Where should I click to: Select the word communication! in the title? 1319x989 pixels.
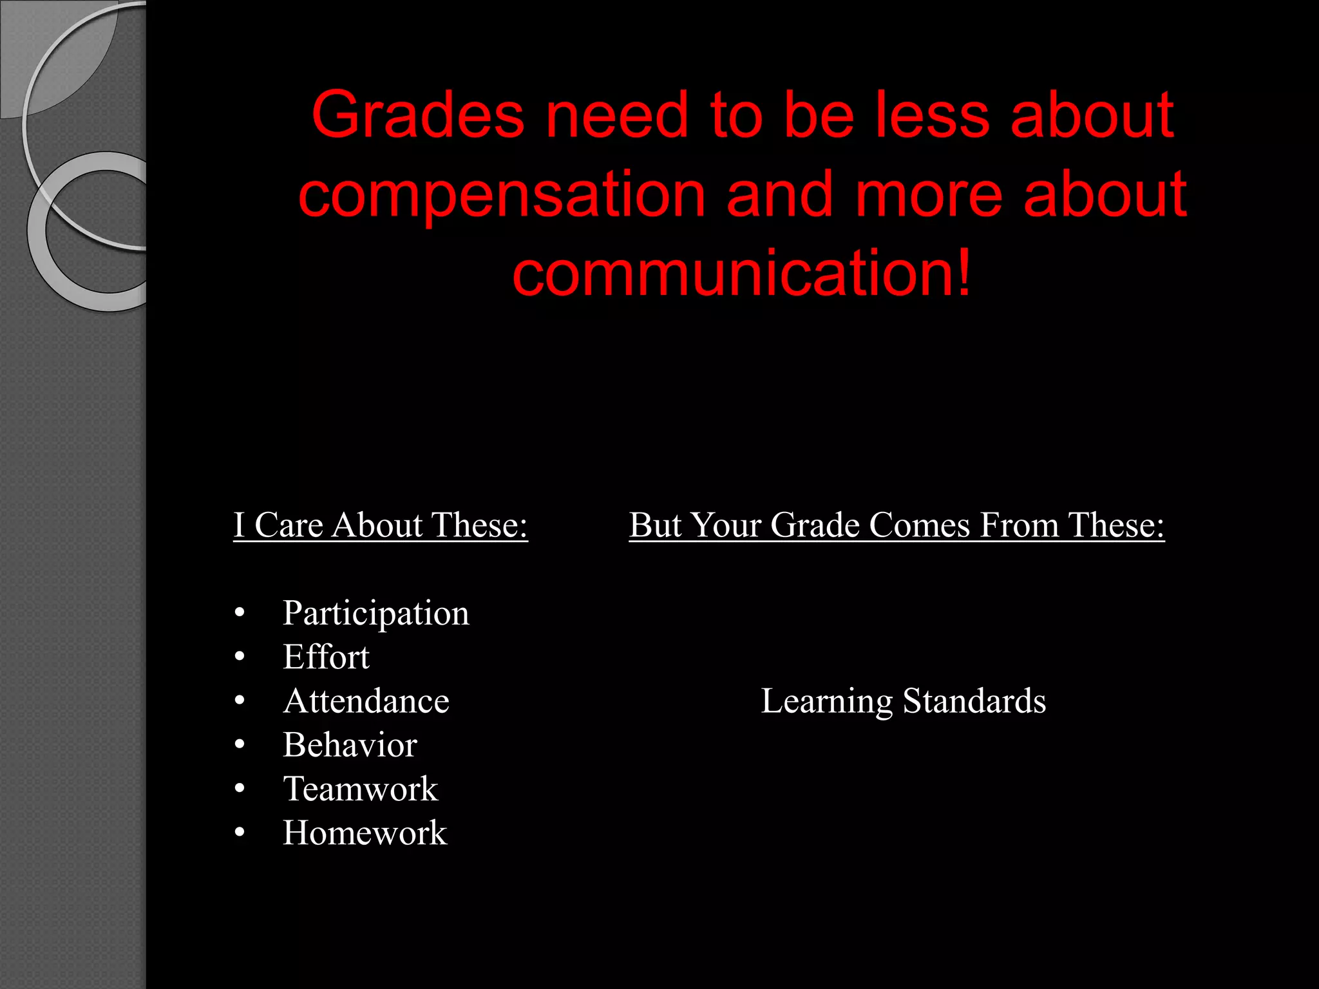[741, 274]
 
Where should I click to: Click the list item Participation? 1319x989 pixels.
[376, 613]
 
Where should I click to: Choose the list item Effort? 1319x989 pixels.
[326, 657]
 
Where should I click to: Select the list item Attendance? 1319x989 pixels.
[366, 701]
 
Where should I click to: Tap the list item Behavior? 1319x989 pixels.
[350, 746]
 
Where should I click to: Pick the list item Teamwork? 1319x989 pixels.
[361, 789]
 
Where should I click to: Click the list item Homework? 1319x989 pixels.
[365, 833]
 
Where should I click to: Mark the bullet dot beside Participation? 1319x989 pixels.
[240, 614]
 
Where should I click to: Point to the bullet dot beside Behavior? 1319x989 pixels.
[240, 746]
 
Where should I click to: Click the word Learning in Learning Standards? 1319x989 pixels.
[826, 701]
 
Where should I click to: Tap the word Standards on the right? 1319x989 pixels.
[974, 701]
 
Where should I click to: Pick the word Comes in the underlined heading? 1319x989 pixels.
[919, 525]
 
